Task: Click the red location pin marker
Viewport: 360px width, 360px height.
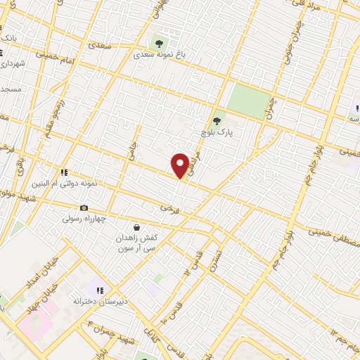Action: (180, 165)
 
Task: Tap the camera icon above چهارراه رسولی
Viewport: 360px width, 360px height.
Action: (84, 207)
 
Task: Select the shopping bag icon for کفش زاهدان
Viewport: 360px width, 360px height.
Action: (136, 227)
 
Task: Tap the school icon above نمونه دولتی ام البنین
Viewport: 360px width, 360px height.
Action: (64, 172)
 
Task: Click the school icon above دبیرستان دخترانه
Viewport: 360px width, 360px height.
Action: (101, 290)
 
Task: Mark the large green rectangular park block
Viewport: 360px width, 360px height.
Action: (248, 101)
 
